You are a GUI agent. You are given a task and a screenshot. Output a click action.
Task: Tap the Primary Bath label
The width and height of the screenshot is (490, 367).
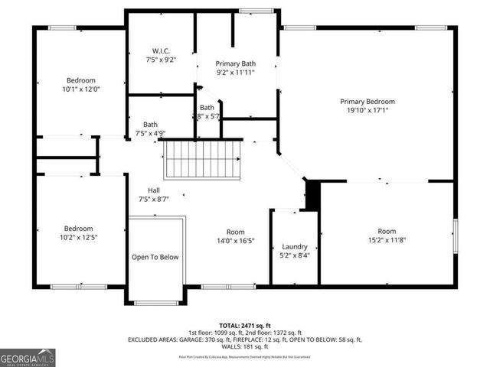236,63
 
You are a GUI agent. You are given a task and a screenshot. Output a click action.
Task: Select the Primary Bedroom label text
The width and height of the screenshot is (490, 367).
367,101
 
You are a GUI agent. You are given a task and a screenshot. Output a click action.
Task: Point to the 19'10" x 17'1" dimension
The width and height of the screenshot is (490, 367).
367,110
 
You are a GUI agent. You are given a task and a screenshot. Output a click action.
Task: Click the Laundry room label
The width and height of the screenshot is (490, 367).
295,246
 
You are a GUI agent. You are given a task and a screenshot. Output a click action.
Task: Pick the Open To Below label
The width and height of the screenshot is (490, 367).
155,257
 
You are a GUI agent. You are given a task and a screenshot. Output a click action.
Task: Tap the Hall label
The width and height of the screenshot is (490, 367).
154,190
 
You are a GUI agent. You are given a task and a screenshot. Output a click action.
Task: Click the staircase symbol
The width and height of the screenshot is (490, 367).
203,158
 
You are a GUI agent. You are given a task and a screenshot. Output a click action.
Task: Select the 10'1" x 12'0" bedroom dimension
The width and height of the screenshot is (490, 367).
80,89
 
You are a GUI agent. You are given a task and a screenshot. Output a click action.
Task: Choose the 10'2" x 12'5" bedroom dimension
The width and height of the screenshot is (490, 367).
79,238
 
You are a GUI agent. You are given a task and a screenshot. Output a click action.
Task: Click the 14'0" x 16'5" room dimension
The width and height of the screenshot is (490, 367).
235,241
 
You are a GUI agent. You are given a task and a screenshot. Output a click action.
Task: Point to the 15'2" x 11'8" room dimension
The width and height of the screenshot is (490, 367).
387,240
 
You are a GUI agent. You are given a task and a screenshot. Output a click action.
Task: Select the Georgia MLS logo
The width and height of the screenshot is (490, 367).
26,356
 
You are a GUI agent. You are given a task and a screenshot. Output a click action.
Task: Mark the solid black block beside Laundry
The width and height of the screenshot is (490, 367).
312,194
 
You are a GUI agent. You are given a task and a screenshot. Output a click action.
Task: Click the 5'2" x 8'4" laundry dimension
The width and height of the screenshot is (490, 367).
295,255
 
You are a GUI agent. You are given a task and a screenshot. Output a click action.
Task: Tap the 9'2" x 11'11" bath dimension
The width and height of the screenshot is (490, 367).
236,73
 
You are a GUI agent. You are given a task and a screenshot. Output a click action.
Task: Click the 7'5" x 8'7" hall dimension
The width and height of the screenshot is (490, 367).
153,199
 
